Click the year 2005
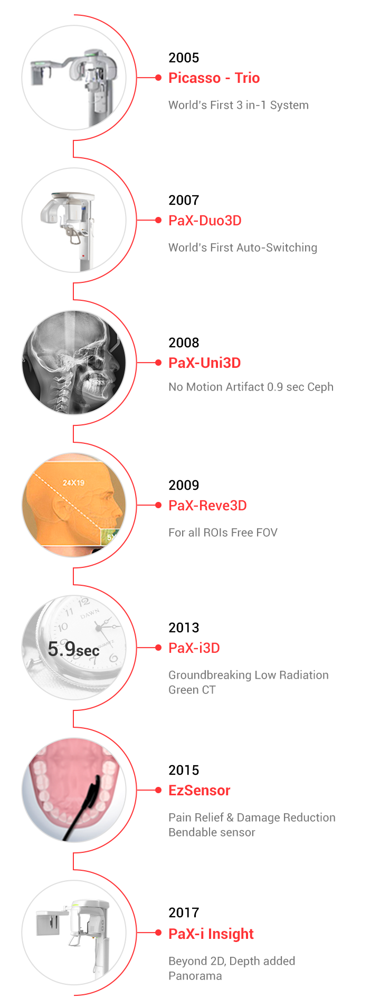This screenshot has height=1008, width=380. (x=184, y=58)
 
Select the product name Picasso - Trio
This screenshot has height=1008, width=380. (x=214, y=78)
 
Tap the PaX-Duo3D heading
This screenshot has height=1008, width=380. (x=205, y=221)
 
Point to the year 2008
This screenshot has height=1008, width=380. (x=184, y=343)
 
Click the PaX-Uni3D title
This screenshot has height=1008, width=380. (x=204, y=363)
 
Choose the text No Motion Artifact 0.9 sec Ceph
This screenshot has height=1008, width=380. (x=251, y=387)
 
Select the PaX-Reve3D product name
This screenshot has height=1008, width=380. (x=207, y=506)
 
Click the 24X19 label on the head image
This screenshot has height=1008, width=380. (x=73, y=482)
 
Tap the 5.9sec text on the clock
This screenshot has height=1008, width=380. (x=73, y=649)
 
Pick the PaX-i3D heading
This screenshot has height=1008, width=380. (x=194, y=648)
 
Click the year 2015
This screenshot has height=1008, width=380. (x=184, y=770)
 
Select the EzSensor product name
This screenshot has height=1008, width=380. (x=199, y=791)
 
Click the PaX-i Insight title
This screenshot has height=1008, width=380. (x=211, y=934)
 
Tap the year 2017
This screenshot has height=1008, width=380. (x=184, y=912)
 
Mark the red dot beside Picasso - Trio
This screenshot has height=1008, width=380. (x=158, y=78)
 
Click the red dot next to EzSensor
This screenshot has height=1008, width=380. (x=158, y=790)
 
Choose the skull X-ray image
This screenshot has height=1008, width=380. (x=74, y=363)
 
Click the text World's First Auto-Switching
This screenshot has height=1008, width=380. (x=243, y=248)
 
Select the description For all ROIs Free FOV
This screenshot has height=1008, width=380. (x=223, y=532)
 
